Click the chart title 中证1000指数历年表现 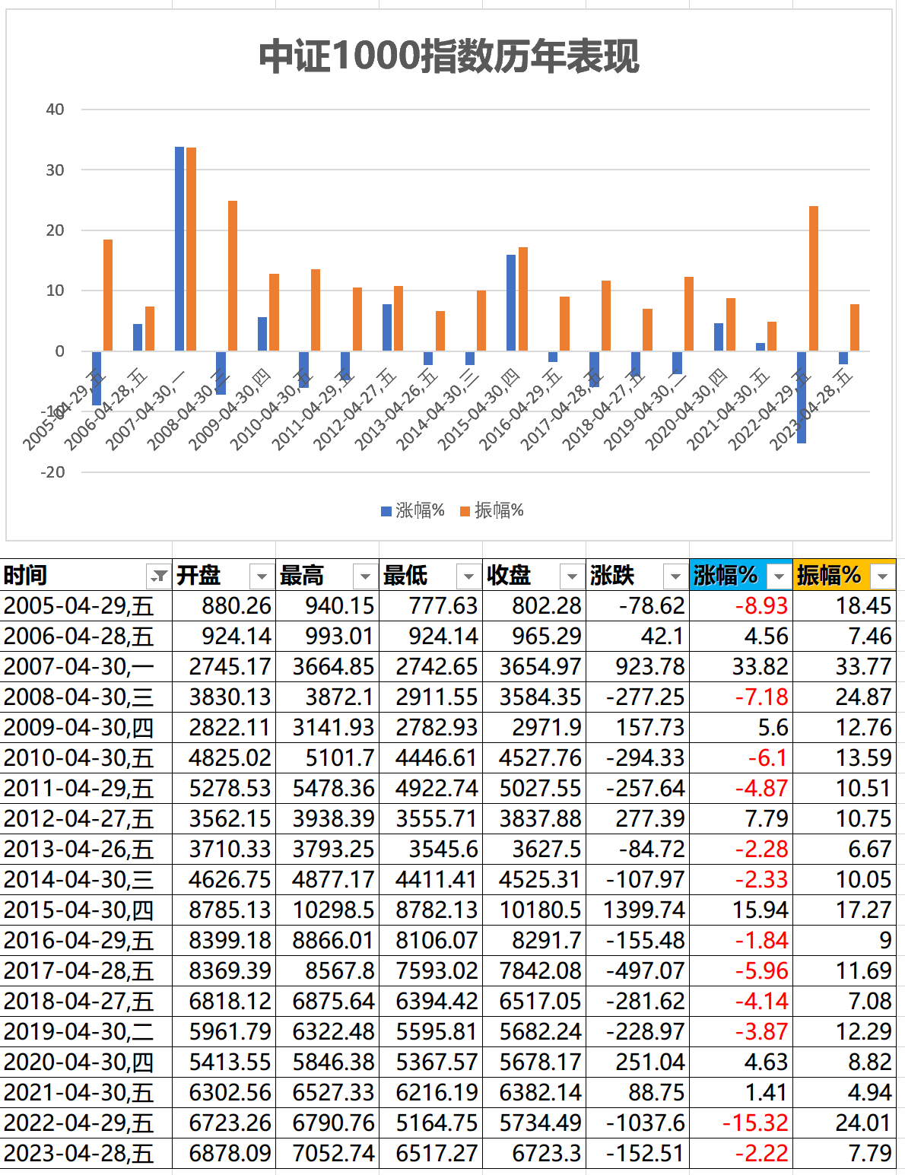tap(449, 56)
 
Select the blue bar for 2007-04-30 tap(179, 249)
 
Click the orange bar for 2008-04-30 tap(233, 275)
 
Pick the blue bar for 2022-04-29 tap(802, 396)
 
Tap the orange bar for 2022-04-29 tap(814, 278)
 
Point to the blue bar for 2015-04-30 tap(511, 303)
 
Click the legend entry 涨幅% tap(413, 510)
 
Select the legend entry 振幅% tap(492, 510)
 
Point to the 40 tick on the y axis tap(55, 110)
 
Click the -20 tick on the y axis tap(53, 472)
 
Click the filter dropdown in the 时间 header tap(159, 576)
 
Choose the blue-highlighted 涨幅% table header tap(726, 576)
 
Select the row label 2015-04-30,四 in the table tap(79, 910)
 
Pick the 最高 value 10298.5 tap(333, 910)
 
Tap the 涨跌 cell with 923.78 tap(650, 667)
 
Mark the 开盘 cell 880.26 tap(237, 606)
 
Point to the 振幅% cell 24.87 tap(863, 697)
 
